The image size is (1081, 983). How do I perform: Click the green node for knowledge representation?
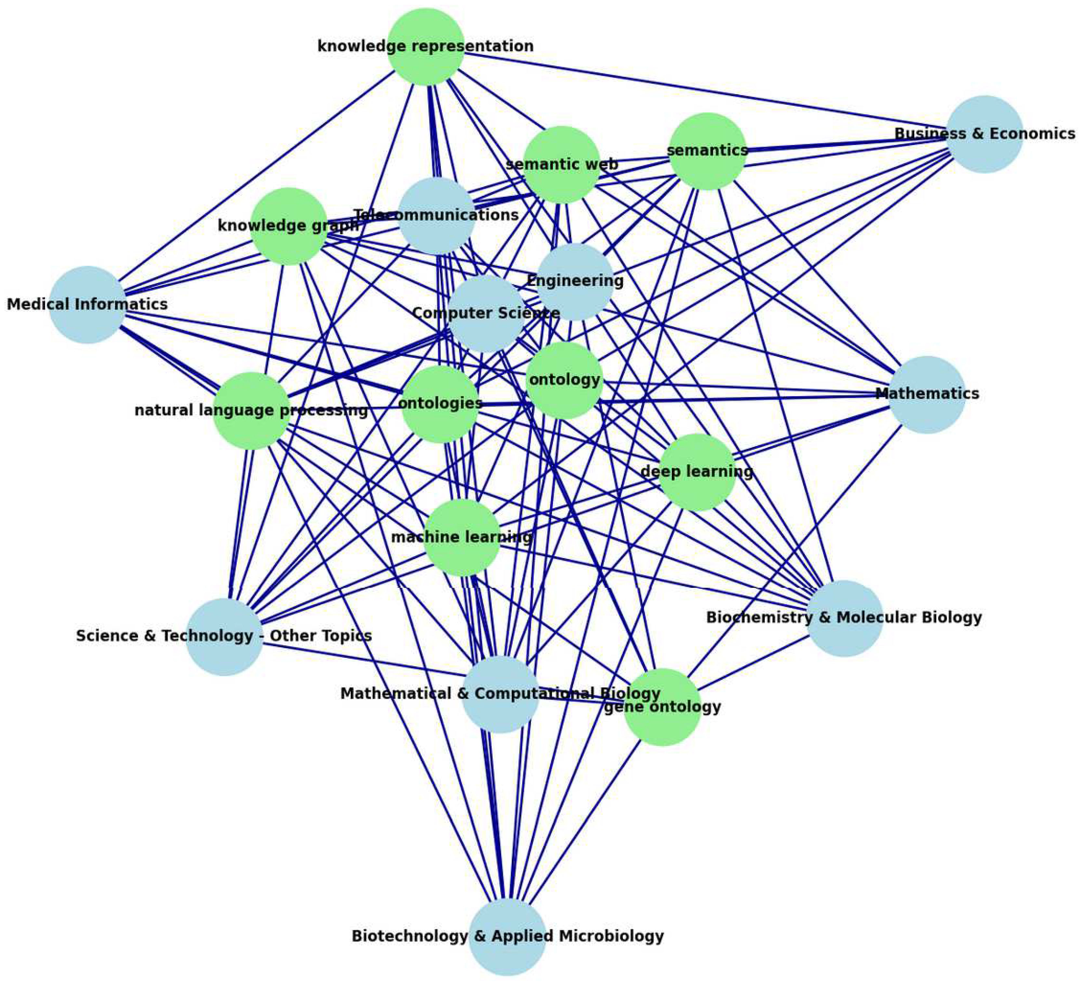[426, 47]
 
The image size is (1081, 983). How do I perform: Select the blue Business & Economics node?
[984, 134]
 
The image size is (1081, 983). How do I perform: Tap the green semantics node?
[708, 151]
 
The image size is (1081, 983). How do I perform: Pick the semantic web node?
[561, 164]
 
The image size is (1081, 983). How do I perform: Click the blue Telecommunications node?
[437, 216]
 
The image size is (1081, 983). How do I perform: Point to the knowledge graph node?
[288, 226]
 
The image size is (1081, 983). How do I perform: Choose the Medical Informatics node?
[87, 305]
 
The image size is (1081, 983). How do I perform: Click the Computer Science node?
[486, 313]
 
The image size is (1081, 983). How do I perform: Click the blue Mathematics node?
[927, 394]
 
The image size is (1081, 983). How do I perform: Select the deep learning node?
[696, 472]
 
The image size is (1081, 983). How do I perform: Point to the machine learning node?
[462, 538]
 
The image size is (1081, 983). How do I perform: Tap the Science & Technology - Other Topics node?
[224, 637]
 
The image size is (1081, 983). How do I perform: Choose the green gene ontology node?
[662, 707]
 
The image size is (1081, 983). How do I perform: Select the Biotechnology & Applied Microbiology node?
[507, 936]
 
